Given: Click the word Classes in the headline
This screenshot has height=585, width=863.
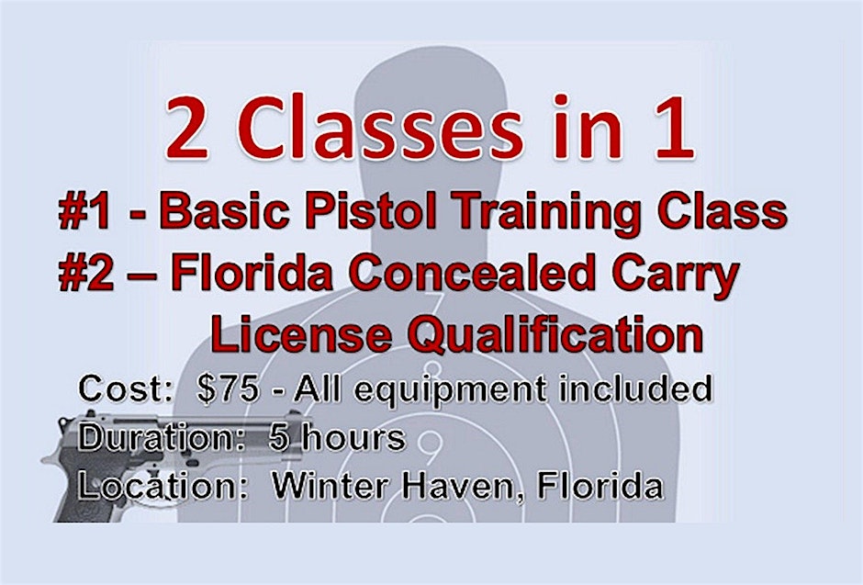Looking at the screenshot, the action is pos(380,129).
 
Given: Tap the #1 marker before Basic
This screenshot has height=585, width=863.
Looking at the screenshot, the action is pos(84,211).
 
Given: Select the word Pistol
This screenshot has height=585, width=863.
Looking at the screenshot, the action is pos(372,211).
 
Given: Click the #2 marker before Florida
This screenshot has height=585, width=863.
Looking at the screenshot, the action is pos(86,274).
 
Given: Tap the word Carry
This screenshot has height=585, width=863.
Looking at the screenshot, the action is pos(676,278).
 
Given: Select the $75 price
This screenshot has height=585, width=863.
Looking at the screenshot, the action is pos(228,388).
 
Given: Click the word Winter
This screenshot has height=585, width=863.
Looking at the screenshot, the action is pos(331,487).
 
